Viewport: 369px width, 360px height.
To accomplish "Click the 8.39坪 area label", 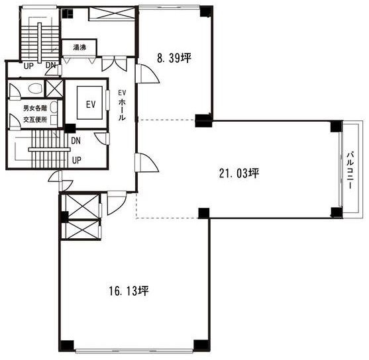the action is click(x=174, y=58).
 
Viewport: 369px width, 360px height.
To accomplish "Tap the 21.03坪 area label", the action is click(x=239, y=173).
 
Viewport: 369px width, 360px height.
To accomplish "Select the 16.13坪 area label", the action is click(x=129, y=291).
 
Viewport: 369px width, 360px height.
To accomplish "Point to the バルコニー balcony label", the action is click(x=350, y=171).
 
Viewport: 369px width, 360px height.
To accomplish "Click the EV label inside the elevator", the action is click(x=91, y=104).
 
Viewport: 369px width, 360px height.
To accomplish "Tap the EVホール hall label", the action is click(x=122, y=105).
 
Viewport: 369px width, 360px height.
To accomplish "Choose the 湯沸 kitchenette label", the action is click(x=79, y=48).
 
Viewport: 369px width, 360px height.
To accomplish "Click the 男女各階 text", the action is click(x=35, y=108).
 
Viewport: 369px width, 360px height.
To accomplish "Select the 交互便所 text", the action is click(x=35, y=120).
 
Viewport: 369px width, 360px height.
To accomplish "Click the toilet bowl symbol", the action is click(x=35, y=89).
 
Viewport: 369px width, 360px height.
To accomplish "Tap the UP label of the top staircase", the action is click(x=28, y=66).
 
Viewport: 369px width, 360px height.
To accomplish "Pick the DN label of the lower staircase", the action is click(x=76, y=141).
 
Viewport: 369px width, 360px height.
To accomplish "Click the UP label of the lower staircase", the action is click(x=77, y=160).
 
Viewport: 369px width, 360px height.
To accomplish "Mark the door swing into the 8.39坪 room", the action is click(x=148, y=73).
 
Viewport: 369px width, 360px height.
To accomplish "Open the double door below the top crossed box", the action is click(x=115, y=64).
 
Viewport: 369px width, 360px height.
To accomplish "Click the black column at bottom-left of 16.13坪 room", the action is click(x=66, y=346).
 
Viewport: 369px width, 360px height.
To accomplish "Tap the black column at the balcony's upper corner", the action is click(x=336, y=126).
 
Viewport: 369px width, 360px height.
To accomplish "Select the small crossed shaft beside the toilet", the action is click(x=54, y=89).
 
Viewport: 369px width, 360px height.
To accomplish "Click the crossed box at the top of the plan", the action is click(x=112, y=14).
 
